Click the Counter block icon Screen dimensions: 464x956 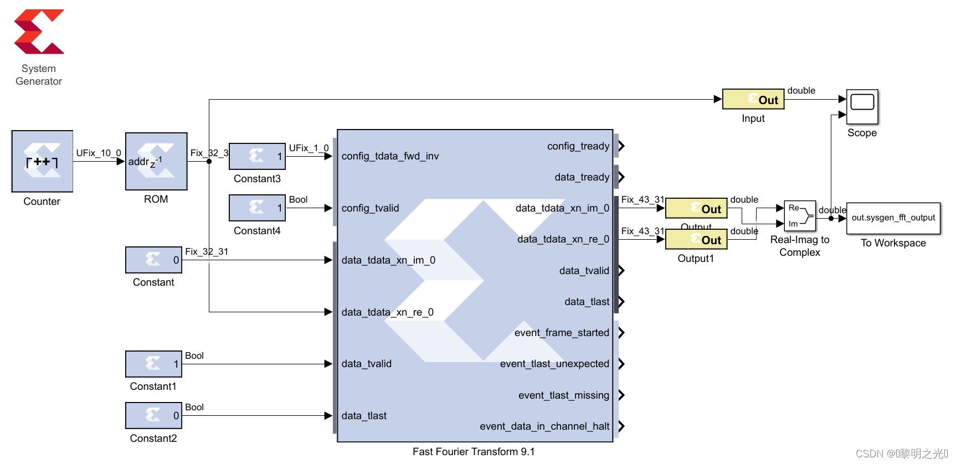tap(42, 161)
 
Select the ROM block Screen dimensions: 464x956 tap(156, 161)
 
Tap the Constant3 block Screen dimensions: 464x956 tap(257, 156)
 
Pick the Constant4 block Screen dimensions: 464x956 tap(257, 208)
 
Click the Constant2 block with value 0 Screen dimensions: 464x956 tap(153, 415)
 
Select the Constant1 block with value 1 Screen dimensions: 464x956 tap(153, 364)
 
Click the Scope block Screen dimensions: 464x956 tap(862, 106)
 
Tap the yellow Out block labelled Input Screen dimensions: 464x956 tap(753, 100)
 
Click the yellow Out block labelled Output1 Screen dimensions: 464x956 tap(696, 240)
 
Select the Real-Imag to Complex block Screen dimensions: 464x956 tap(800, 216)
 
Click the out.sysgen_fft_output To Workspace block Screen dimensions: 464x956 tap(893, 218)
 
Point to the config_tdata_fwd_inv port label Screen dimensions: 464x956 tap(390, 156)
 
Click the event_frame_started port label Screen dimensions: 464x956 tap(561, 333)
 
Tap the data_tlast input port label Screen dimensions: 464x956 tap(364, 416)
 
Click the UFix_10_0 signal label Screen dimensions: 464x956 tap(99, 153)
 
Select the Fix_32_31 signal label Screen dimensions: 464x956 tap(207, 251)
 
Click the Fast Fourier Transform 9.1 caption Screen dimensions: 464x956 tap(474, 452)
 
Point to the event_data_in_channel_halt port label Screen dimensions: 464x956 tap(544, 426)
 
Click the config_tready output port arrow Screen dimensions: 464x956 tap(621, 146)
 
